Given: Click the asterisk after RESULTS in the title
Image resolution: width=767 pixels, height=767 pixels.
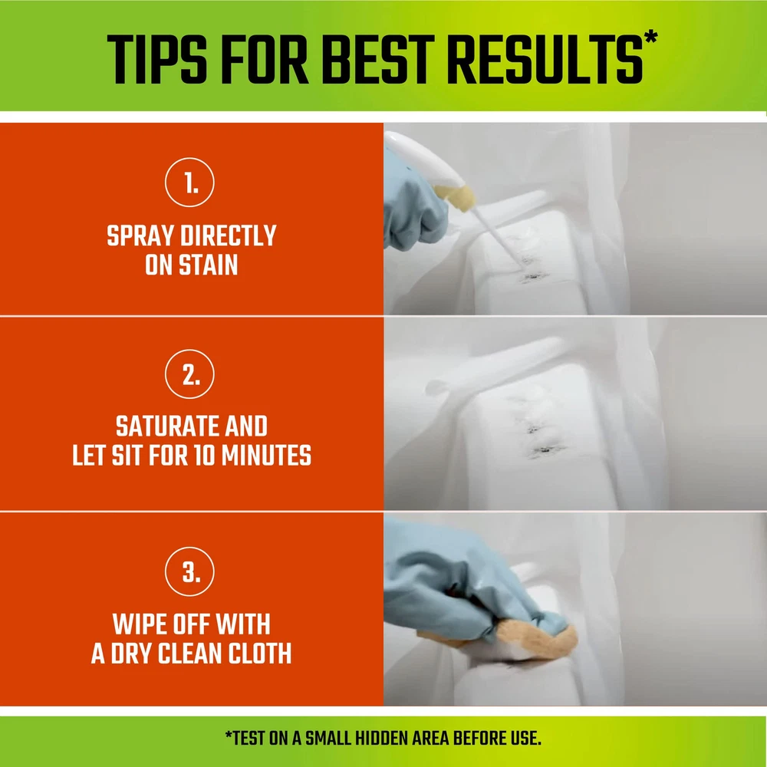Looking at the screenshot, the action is point(651,38).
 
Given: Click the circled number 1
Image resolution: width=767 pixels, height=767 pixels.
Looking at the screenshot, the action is point(189,183).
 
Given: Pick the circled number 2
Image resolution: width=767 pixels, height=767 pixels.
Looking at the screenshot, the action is point(189,374).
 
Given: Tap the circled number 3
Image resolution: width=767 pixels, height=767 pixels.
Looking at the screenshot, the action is point(189,571).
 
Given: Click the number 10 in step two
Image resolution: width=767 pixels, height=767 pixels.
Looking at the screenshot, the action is point(205,456).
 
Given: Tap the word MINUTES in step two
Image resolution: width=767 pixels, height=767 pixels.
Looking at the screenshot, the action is point(266,456).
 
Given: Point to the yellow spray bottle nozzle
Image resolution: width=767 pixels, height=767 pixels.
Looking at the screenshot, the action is point(456,196).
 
